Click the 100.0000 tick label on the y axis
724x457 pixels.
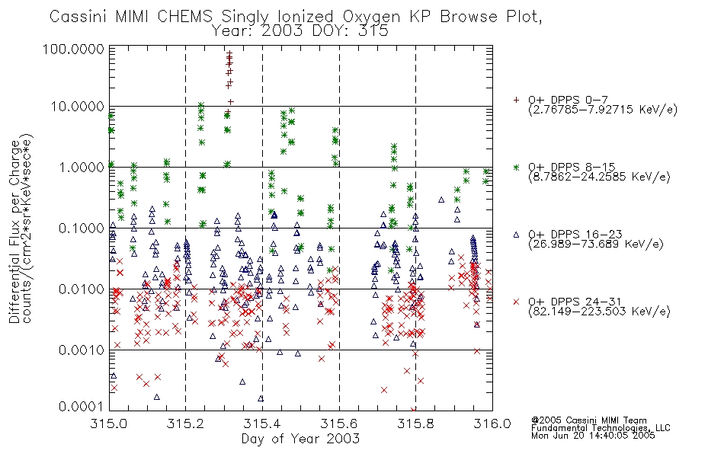click(73, 50)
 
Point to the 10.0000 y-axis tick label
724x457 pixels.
click(77, 107)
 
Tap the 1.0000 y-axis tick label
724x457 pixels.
click(82, 167)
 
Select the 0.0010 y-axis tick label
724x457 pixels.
click(82, 350)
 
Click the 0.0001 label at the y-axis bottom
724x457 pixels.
click(82, 406)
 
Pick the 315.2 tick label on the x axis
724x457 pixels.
click(186, 423)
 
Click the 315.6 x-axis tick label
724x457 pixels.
click(339, 423)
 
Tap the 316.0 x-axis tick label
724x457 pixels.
click(492, 423)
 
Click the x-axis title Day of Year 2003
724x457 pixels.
click(300, 439)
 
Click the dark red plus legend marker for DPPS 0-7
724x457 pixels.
click(516, 100)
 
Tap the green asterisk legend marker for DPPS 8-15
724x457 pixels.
click(516, 167)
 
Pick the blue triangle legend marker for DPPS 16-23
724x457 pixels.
click(516, 235)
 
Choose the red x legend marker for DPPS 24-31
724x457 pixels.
click(516, 302)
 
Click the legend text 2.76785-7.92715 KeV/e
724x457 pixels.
click(603, 110)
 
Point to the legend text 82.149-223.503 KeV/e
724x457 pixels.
click(599, 312)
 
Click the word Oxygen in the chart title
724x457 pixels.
click(372, 17)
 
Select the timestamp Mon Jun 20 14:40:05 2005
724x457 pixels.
click(593, 436)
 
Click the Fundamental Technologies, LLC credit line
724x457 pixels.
click(601, 428)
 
